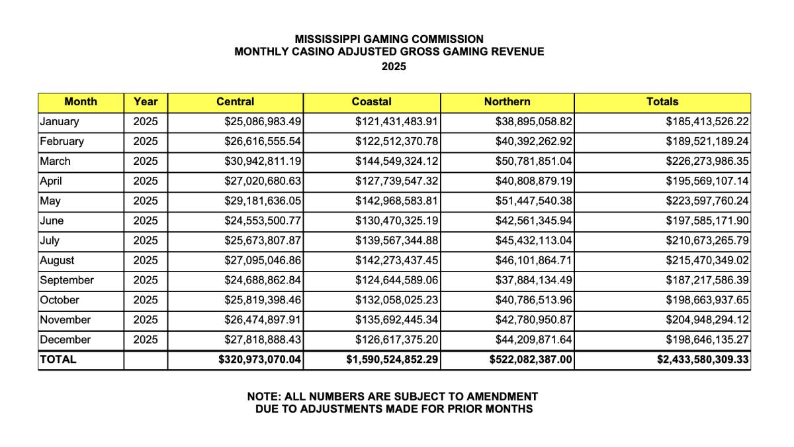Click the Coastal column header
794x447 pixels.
coord(371,102)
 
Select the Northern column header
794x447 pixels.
coord(507,102)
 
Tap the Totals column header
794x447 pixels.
coord(662,102)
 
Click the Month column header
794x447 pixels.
coord(81,102)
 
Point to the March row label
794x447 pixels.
coord(55,162)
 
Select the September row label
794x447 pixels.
coord(67,280)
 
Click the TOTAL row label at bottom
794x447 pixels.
coord(58,360)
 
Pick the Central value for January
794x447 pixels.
coord(263,122)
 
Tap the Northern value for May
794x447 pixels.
coord(533,201)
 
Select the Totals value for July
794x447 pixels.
coord(707,240)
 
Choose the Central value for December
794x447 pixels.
coord(263,340)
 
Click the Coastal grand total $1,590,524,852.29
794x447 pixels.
coord(393,360)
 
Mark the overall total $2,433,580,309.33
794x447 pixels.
coord(702,360)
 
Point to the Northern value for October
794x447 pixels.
coord(533,300)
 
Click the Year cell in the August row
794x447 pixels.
coord(146,260)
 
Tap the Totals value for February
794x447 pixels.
coord(707,142)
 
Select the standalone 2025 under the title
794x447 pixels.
coord(394,67)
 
